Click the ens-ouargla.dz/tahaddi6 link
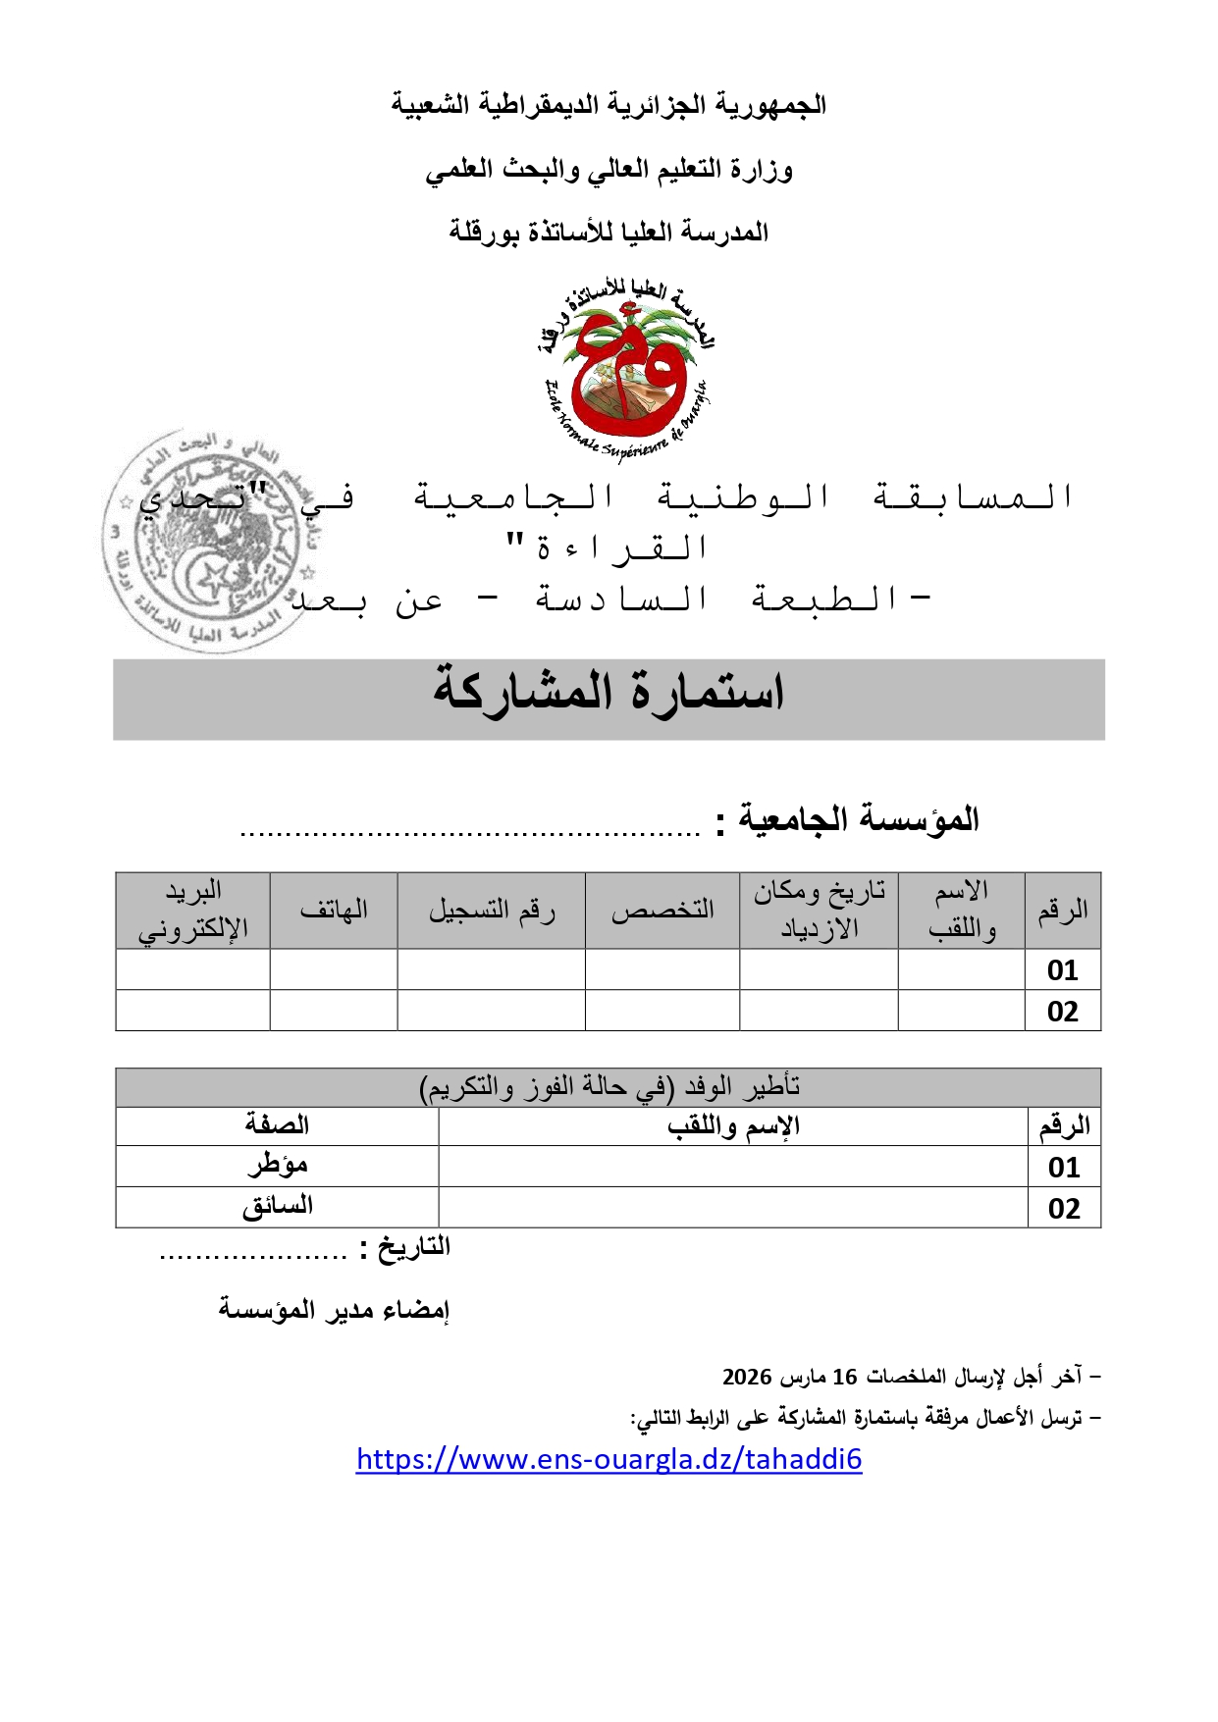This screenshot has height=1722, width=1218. [x=609, y=1460]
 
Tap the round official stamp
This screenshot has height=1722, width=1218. [x=206, y=540]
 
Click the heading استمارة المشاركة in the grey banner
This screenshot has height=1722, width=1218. [x=609, y=693]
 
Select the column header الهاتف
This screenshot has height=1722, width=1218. [x=334, y=911]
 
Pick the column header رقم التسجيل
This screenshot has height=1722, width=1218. [x=491, y=911]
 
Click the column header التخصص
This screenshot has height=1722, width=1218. [x=662, y=911]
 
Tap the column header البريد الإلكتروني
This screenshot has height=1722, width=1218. [x=192, y=911]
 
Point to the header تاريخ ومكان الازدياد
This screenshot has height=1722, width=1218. [x=819, y=911]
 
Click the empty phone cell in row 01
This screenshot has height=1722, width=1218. [x=334, y=969]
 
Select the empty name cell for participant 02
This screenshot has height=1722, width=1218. [x=961, y=1011]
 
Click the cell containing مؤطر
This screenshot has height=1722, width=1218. [x=277, y=1167]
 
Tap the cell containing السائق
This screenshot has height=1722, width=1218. [x=277, y=1208]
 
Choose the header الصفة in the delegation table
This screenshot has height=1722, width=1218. [x=277, y=1125]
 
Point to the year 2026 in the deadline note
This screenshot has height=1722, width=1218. [x=747, y=1378]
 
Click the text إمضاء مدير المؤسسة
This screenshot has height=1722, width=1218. [x=334, y=1310]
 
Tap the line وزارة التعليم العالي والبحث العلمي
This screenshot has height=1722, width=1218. [x=609, y=170]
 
